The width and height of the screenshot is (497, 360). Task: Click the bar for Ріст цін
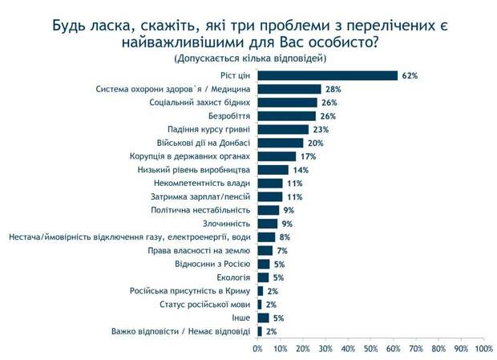tap(327, 75)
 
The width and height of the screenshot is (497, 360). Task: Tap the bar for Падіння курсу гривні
tap(283, 129)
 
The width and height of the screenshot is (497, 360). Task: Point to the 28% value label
tap(333, 89)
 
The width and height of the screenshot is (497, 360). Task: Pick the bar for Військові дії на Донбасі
tap(280, 143)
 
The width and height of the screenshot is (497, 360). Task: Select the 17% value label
tap(309, 156)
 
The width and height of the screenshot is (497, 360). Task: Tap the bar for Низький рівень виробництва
tap(273, 170)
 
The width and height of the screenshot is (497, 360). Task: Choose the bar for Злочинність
tap(268, 224)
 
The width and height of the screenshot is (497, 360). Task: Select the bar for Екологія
tap(263, 277)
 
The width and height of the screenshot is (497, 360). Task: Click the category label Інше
tap(241, 318)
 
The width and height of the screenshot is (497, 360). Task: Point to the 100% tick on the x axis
tap(483, 349)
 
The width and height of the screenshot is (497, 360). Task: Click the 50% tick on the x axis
tap(370, 349)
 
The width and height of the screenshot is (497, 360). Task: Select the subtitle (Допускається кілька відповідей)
tap(249, 59)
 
